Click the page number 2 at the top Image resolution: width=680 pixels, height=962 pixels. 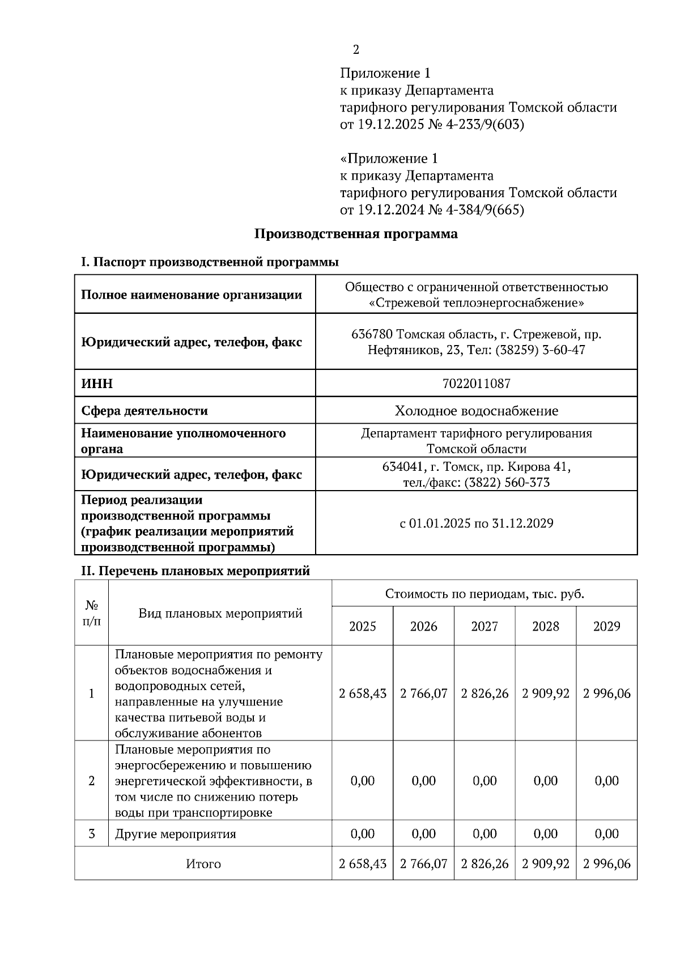[356, 50]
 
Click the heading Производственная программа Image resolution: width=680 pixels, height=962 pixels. [355, 233]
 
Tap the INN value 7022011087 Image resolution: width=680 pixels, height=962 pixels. [476, 384]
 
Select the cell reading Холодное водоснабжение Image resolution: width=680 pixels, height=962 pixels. [476, 411]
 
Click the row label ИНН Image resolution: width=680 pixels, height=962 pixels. [97, 384]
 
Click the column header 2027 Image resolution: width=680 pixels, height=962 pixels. [484, 626]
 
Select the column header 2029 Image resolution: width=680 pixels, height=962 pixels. [606, 626]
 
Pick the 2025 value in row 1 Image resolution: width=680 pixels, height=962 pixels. [363, 693]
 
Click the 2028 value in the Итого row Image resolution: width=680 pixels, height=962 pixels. [546, 863]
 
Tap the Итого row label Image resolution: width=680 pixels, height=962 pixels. [203, 863]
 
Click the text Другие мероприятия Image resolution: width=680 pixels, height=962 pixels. [175, 834]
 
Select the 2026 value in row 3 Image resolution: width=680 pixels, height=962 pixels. [423, 834]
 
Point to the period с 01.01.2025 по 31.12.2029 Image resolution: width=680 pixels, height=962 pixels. [476, 523]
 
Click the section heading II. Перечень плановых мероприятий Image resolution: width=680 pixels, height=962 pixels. [195, 571]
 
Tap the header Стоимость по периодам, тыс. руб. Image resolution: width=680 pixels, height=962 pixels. [484, 594]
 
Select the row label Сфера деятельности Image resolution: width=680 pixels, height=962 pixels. [144, 411]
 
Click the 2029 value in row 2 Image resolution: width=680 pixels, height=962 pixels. [606, 781]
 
